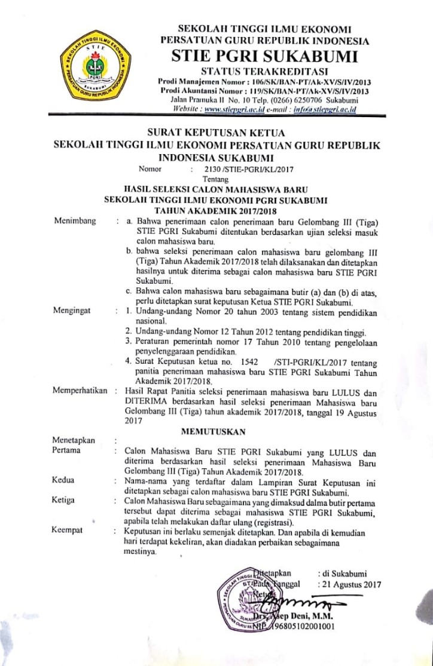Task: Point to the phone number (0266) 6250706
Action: [x=279, y=101]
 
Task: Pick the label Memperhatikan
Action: [x=80, y=391]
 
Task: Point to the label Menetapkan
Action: [x=74, y=441]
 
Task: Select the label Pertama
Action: [x=66, y=450]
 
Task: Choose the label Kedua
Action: [x=64, y=480]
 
